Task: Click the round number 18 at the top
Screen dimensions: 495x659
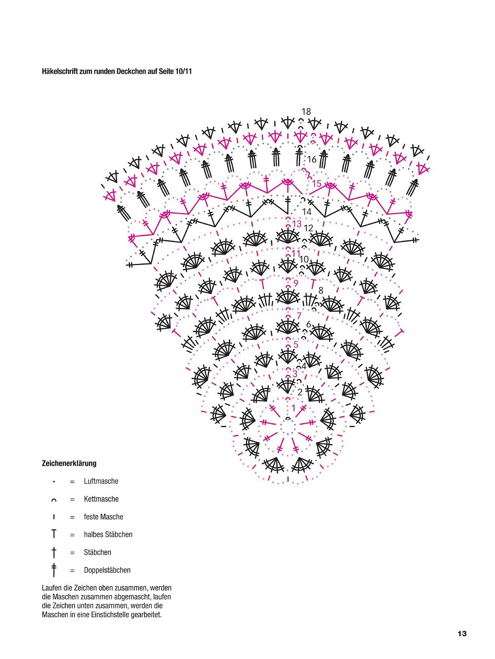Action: (306, 112)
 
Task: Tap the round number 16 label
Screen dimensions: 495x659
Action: (312, 159)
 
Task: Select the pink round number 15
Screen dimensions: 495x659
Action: (317, 183)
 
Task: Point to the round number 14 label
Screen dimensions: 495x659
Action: (306, 212)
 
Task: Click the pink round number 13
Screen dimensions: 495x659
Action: (297, 223)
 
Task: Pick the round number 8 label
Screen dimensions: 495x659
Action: (321, 290)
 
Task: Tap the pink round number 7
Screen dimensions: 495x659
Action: (299, 315)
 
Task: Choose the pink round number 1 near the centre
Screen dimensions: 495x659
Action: (294, 408)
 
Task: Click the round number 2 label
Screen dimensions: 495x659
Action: (300, 392)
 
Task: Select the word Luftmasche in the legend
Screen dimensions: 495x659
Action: (101, 481)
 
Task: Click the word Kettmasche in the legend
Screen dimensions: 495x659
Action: (101, 499)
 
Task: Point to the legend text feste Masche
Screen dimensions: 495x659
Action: (103, 517)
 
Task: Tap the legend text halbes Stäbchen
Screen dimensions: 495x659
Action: (108, 535)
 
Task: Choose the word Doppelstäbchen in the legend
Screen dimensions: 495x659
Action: (107, 570)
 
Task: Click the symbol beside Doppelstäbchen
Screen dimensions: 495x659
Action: (54, 570)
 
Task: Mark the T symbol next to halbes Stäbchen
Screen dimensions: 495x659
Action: (54, 533)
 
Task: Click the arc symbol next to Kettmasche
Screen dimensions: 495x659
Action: (54, 500)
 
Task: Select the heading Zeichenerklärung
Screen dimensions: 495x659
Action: (69, 463)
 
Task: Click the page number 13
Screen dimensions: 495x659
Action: (462, 634)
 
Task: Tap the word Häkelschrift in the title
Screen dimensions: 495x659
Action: (59, 72)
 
